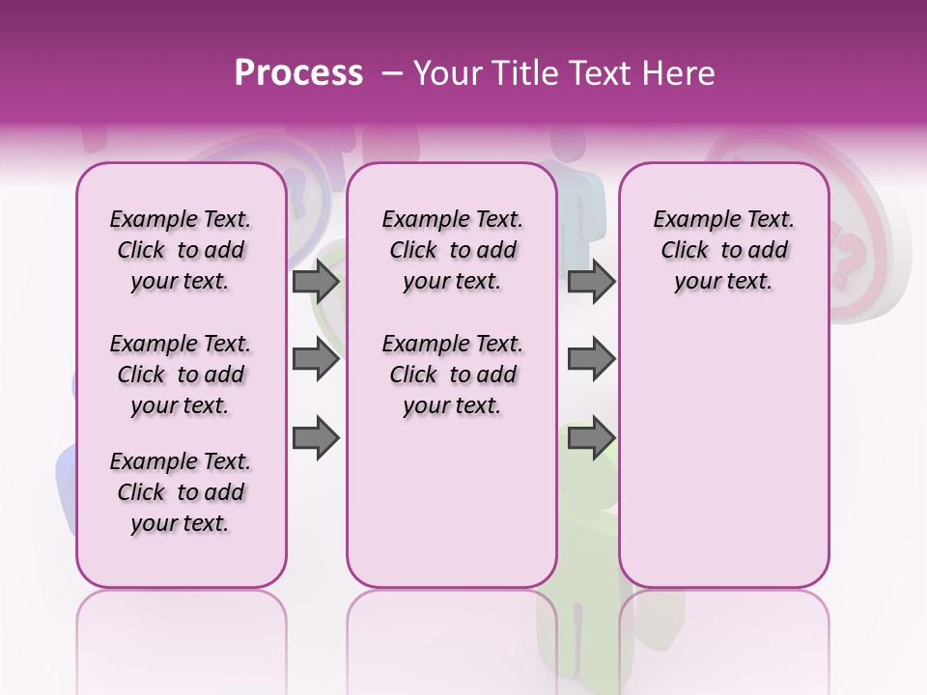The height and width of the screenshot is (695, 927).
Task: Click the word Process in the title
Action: click(x=298, y=73)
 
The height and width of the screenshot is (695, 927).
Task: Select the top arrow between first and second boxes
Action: click(x=316, y=282)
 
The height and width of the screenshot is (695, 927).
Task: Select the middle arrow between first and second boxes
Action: click(x=316, y=360)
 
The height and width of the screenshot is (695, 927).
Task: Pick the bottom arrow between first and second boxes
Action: click(x=316, y=438)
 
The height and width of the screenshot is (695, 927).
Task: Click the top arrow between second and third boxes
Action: click(x=591, y=282)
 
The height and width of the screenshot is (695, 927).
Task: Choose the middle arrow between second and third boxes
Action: click(x=591, y=360)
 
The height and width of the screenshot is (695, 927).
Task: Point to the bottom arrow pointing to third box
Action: click(x=591, y=438)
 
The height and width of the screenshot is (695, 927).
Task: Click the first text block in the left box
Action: click(x=181, y=250)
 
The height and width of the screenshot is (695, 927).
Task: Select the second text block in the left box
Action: click(x=181, y=375)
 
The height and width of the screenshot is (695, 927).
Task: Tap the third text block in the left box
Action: click(x=181, y=492)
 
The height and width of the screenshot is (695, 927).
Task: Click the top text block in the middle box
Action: click(x=452, y=250)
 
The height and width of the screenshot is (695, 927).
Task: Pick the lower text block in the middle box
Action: click(x=452, y=375)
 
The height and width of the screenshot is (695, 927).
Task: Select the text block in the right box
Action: click(x=723, y=250)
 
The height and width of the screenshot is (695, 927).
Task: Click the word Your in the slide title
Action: click(x=444, y=73)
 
